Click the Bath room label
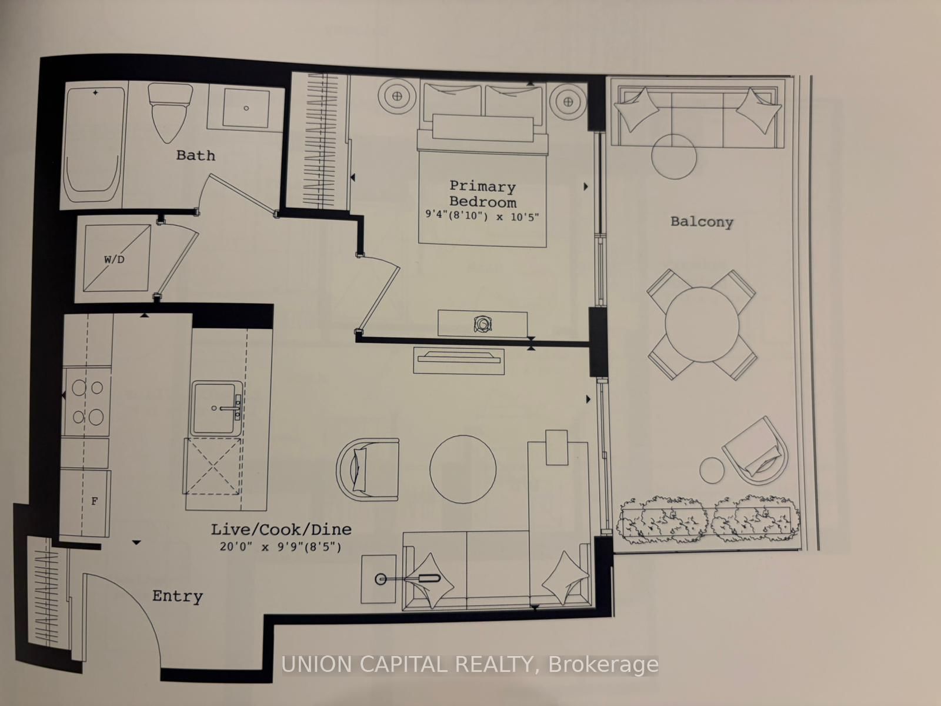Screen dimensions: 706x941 point(195,155)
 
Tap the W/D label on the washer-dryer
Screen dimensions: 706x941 point(115,259)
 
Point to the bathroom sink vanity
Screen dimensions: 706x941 point(246,108)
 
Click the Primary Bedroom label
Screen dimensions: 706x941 point(482,194)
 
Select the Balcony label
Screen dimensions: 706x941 point(702,222)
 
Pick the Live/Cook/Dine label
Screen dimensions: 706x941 point(281,529)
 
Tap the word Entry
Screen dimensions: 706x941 point(177,596)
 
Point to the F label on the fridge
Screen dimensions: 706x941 point(94,501)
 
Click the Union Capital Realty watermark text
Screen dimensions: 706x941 point(470,665)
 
